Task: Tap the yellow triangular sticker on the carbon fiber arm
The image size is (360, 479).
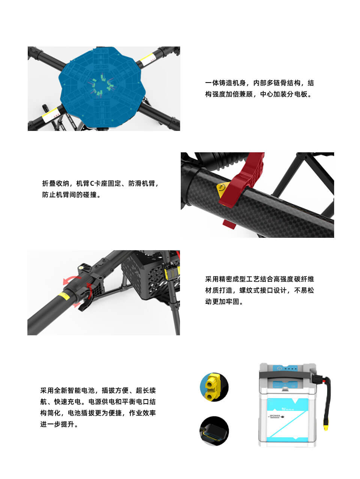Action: pos(222,188)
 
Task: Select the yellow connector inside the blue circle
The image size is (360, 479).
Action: pos(212,387)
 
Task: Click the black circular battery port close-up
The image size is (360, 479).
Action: pos(214,431)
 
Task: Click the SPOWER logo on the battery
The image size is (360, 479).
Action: pos(276,416)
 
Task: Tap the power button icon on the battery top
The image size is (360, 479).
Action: pos(279,368)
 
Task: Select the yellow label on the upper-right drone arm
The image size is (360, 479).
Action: pos(147,58)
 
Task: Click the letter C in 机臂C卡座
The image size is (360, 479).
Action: pos(92,183)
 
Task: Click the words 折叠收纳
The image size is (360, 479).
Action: pos(55,183)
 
